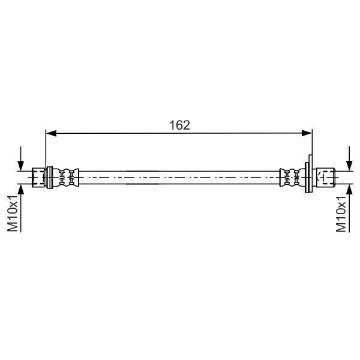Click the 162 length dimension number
(x=179, y=125)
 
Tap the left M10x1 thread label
(x=13, y=214)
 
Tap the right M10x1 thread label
(x=341, y=214)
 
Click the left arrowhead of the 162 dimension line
(x=51, y=133)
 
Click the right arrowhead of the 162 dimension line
(x=307, y=133)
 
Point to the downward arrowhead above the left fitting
(x=20, y=166)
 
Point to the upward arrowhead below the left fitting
(x=20, y=189)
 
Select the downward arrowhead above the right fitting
(x=349, y=166)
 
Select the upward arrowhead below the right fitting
(x=349, y=189)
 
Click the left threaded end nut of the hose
(x=38, y=178)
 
